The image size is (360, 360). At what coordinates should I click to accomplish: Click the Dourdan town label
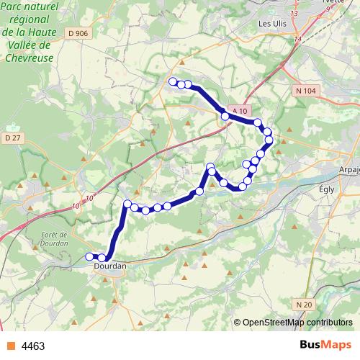[x=110, y=266]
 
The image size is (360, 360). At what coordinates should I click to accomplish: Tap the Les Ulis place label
[x=274, y=23]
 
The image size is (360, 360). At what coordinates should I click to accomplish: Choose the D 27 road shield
[x=12, y=138]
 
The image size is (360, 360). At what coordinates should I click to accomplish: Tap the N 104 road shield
[x=305, y=90]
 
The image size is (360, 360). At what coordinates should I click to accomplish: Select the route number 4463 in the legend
[x=33, y=346]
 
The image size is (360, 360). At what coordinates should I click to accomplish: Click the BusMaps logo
[x=325, y=345]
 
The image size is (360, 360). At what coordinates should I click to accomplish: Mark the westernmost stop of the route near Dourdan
[x=90, y=256]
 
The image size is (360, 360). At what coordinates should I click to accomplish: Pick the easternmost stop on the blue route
[x=270, y=140]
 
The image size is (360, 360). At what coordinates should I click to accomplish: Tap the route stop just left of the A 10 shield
[x=225, y=116]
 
